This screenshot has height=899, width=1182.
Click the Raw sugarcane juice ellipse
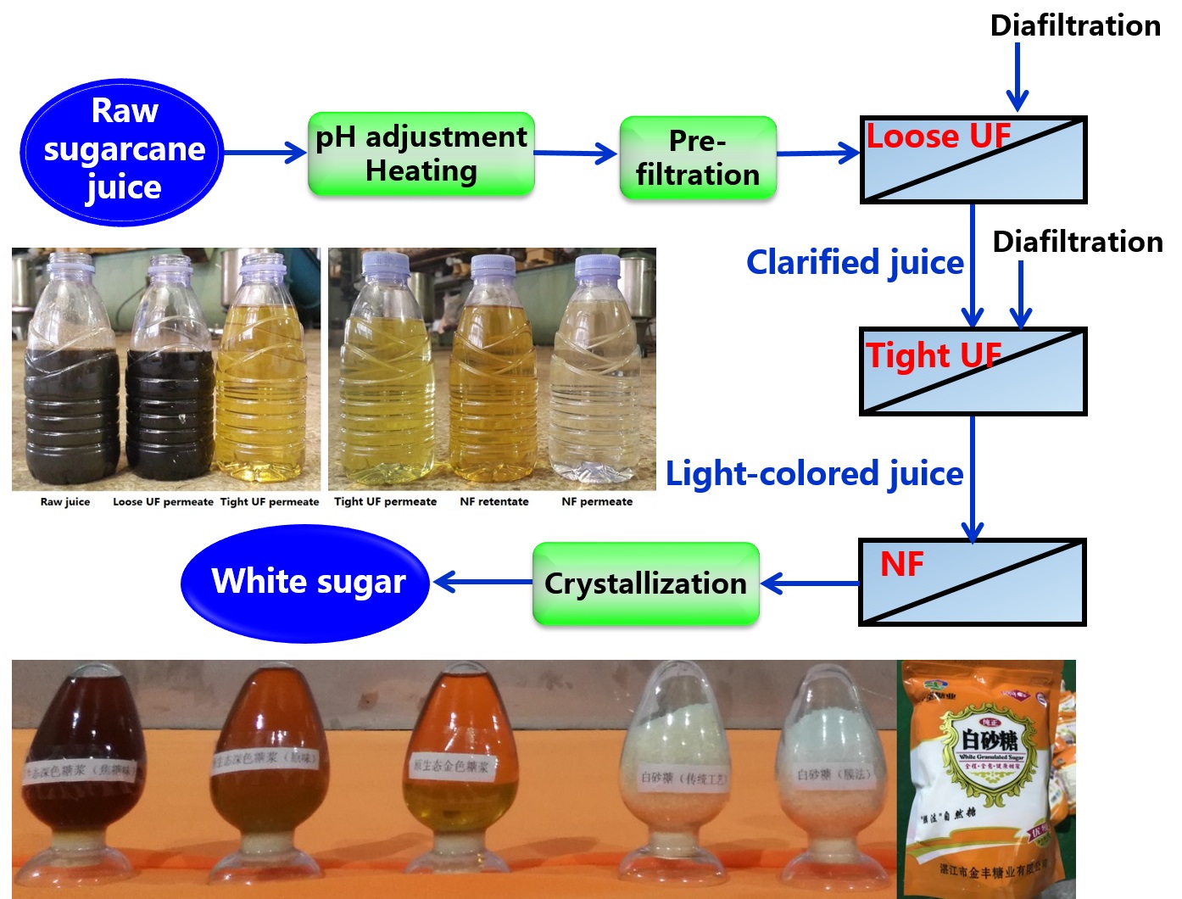click(123, 153)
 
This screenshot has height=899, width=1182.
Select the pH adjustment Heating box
click(421, 154)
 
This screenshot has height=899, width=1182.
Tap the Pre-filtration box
click(698, 159)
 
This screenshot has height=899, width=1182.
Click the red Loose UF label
click(938, 137)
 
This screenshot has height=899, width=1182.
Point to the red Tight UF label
click(933, 355)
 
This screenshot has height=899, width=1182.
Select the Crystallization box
click(645, 584)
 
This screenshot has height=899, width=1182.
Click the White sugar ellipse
click(307, 583)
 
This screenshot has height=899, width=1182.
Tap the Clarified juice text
click(854, 263)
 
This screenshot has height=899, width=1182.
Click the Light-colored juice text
click(814, 474)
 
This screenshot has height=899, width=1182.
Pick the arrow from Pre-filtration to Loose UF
click(818, 154)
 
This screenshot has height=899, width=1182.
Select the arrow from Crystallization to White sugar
click(482, 583)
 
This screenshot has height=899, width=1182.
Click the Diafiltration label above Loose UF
click(1075, 25)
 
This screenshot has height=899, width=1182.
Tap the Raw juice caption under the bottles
click(65, 502)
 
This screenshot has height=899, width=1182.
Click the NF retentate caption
click(494, 502)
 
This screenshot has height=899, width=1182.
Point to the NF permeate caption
click(597, 502)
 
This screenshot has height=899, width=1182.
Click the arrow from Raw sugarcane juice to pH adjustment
click(265, 153)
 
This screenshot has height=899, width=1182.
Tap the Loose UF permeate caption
click(163, 502)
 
